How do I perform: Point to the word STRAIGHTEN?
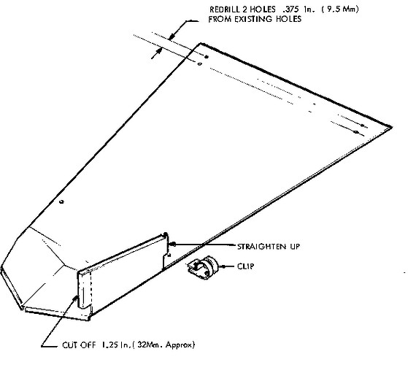(261, 246)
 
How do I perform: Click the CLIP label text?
(246, 266)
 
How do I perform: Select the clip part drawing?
(203, 268)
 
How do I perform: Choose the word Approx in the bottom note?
(180, 345)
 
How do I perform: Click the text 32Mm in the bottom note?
(147, 345)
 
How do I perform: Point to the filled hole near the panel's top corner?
(207, 57)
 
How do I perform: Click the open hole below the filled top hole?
(199, 64)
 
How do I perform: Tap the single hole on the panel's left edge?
(61, 201)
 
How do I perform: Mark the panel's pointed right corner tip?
(392, 127)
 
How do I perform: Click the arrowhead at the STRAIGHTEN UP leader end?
(172, 245)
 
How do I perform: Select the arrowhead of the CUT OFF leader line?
(76, 298)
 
